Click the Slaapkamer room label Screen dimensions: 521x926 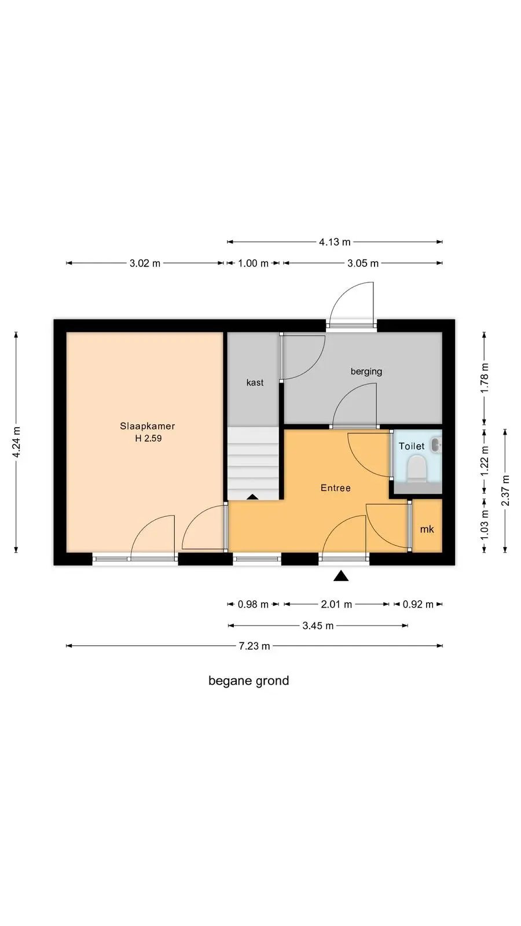[147, 426]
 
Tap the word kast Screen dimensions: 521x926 [255, 383]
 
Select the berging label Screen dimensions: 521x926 [366, 371]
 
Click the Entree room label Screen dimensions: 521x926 [335, 488]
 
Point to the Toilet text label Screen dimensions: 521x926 [412, 446]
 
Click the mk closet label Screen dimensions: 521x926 [427, 529]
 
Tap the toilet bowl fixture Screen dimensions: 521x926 [417, 469]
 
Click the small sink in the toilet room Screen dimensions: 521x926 [436, 445]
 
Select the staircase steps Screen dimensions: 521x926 [253, 464]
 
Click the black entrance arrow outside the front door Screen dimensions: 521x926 [341, 575]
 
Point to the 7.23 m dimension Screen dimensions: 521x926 [254, 646]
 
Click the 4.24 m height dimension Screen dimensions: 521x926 [16, 442]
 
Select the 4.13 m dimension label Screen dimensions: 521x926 [335, 242]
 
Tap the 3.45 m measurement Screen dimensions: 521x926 [318, 626]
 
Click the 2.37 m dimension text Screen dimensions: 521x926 [505, 491]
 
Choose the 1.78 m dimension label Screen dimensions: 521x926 [485, 378]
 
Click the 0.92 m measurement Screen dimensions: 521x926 [418, 604]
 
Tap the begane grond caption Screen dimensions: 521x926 [248, 681]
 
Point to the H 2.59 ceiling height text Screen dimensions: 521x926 [148, 438]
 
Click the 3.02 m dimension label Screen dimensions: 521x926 [145, 263]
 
